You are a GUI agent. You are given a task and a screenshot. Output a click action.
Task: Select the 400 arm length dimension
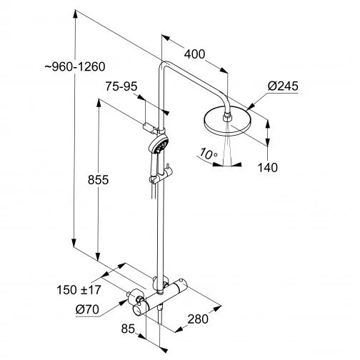click(194, 53)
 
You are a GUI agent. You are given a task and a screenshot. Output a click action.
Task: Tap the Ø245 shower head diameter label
click(283, 87)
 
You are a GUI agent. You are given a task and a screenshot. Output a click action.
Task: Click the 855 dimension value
click(96, 180)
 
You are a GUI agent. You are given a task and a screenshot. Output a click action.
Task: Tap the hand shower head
click(159, 146)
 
